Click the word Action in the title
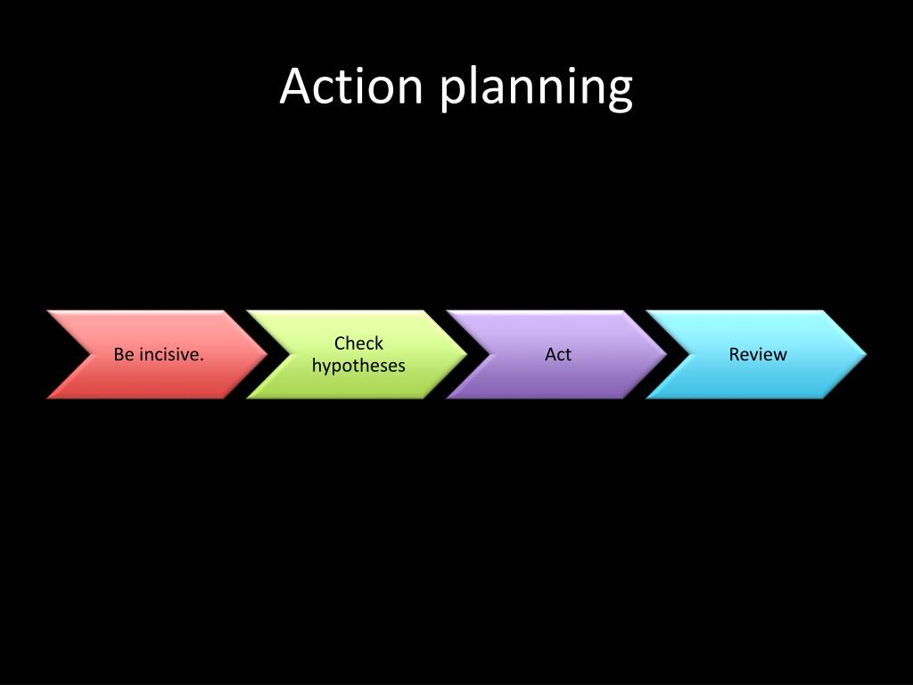(x=350, y=87)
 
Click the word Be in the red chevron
(x=123, y=355)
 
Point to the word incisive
(x=169, y=355)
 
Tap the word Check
(x=358, y=343)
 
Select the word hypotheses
(x=358, y=367)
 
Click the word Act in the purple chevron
(x=558, y=355)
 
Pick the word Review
(x=758, y=355)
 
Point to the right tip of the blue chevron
(x=864, y=354)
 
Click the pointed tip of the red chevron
(x=265, y=354)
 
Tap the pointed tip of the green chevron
(x=465, y=354)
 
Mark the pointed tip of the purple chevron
(x=664, y=354)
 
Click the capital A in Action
(x=296, y=87)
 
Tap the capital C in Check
(x=340, y=343)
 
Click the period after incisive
(x=202, y=359)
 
